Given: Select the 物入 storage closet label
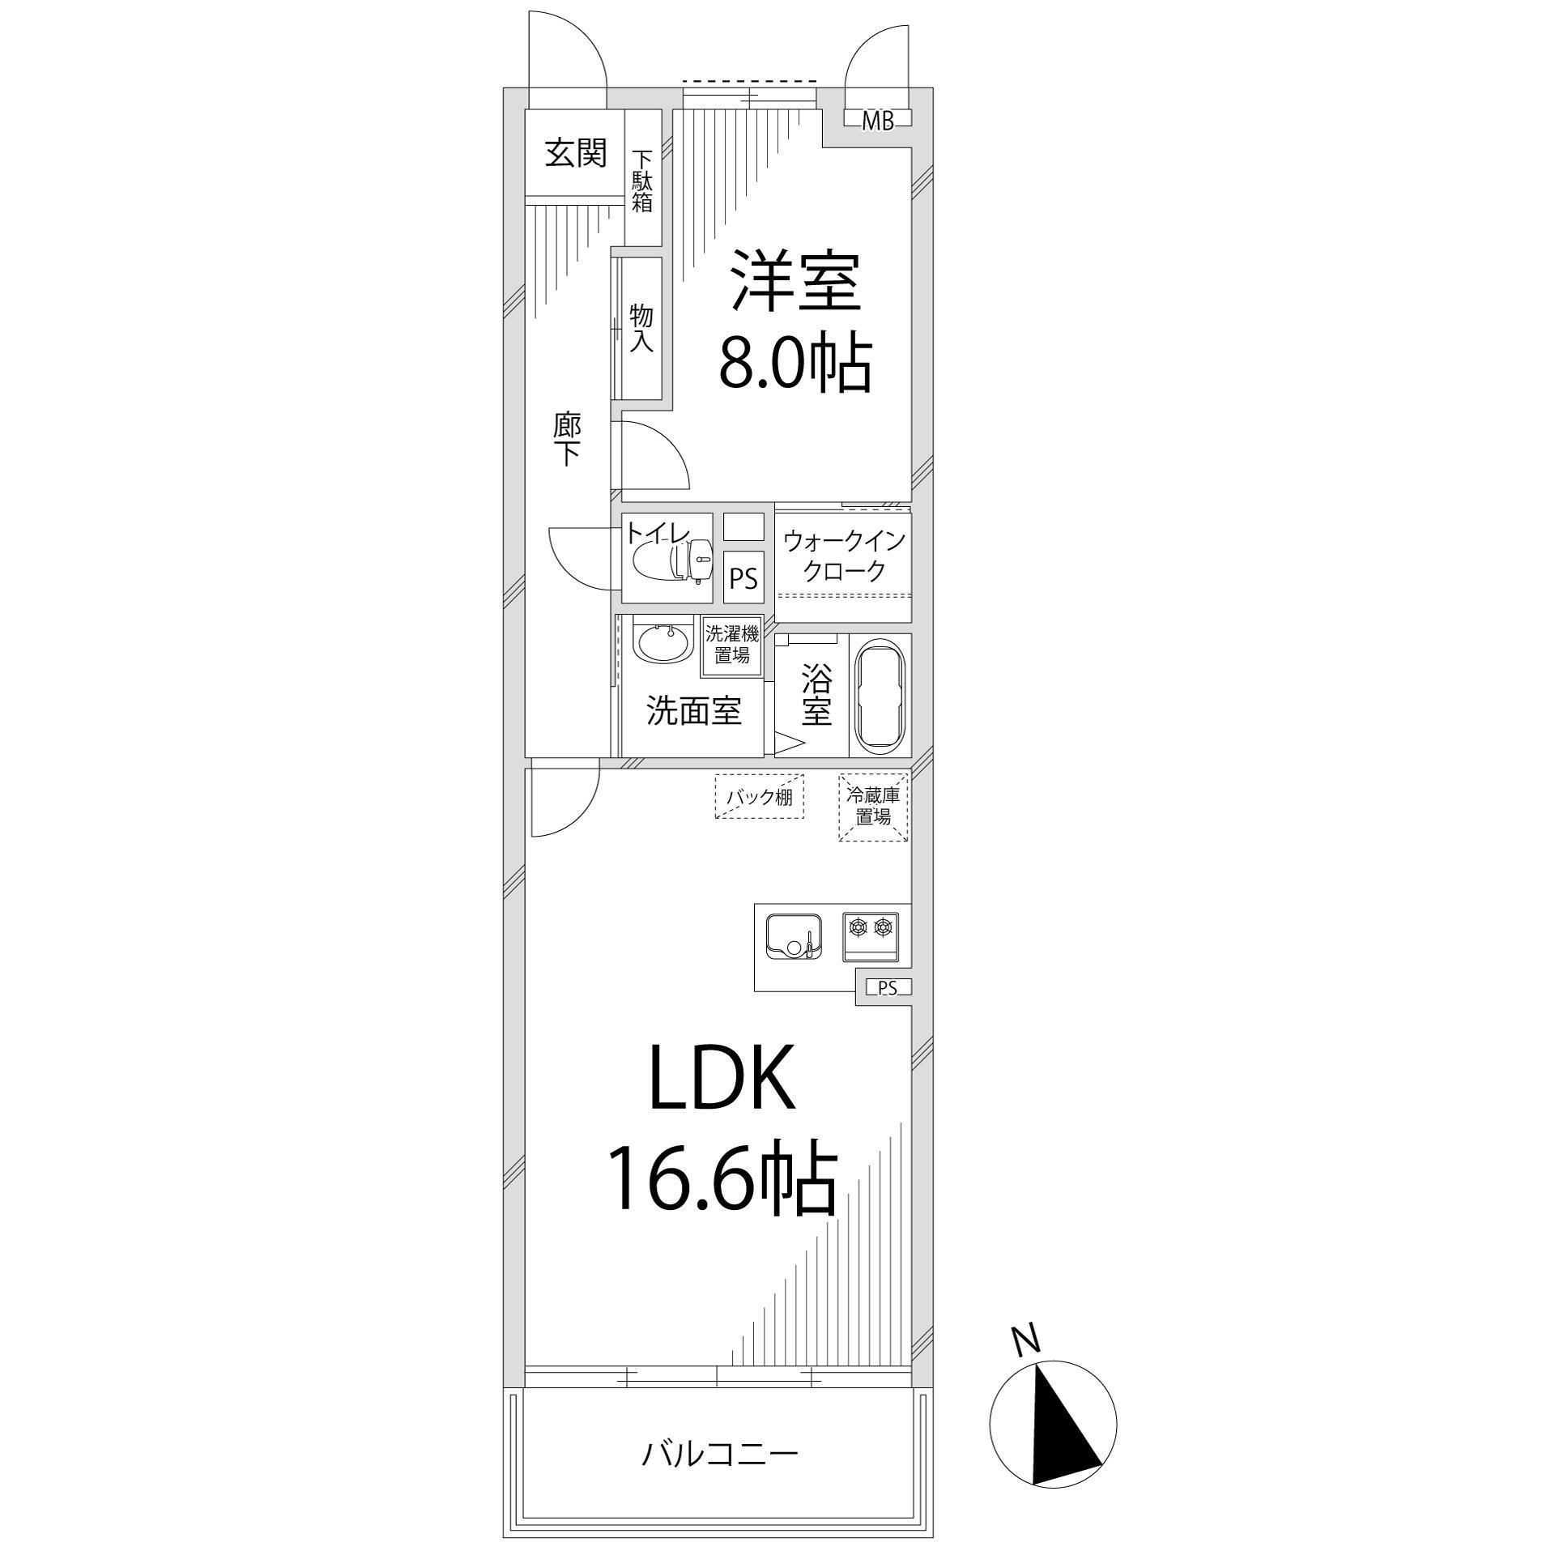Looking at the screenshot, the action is click(641, 328).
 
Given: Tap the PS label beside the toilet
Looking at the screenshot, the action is click(743, 579).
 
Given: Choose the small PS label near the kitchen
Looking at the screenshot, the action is click(888, 987).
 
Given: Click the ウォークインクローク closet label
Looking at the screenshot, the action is click(843, 556).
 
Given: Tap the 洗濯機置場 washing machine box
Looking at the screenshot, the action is click(732, 643).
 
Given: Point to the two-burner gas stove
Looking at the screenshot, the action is click(871, 936).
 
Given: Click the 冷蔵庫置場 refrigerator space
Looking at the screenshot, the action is click(873, 807).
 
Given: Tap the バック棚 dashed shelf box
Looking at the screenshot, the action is click(759, 797).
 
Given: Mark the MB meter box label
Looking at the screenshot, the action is click(877, 122).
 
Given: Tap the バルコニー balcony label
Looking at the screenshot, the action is click(720, 1455).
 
